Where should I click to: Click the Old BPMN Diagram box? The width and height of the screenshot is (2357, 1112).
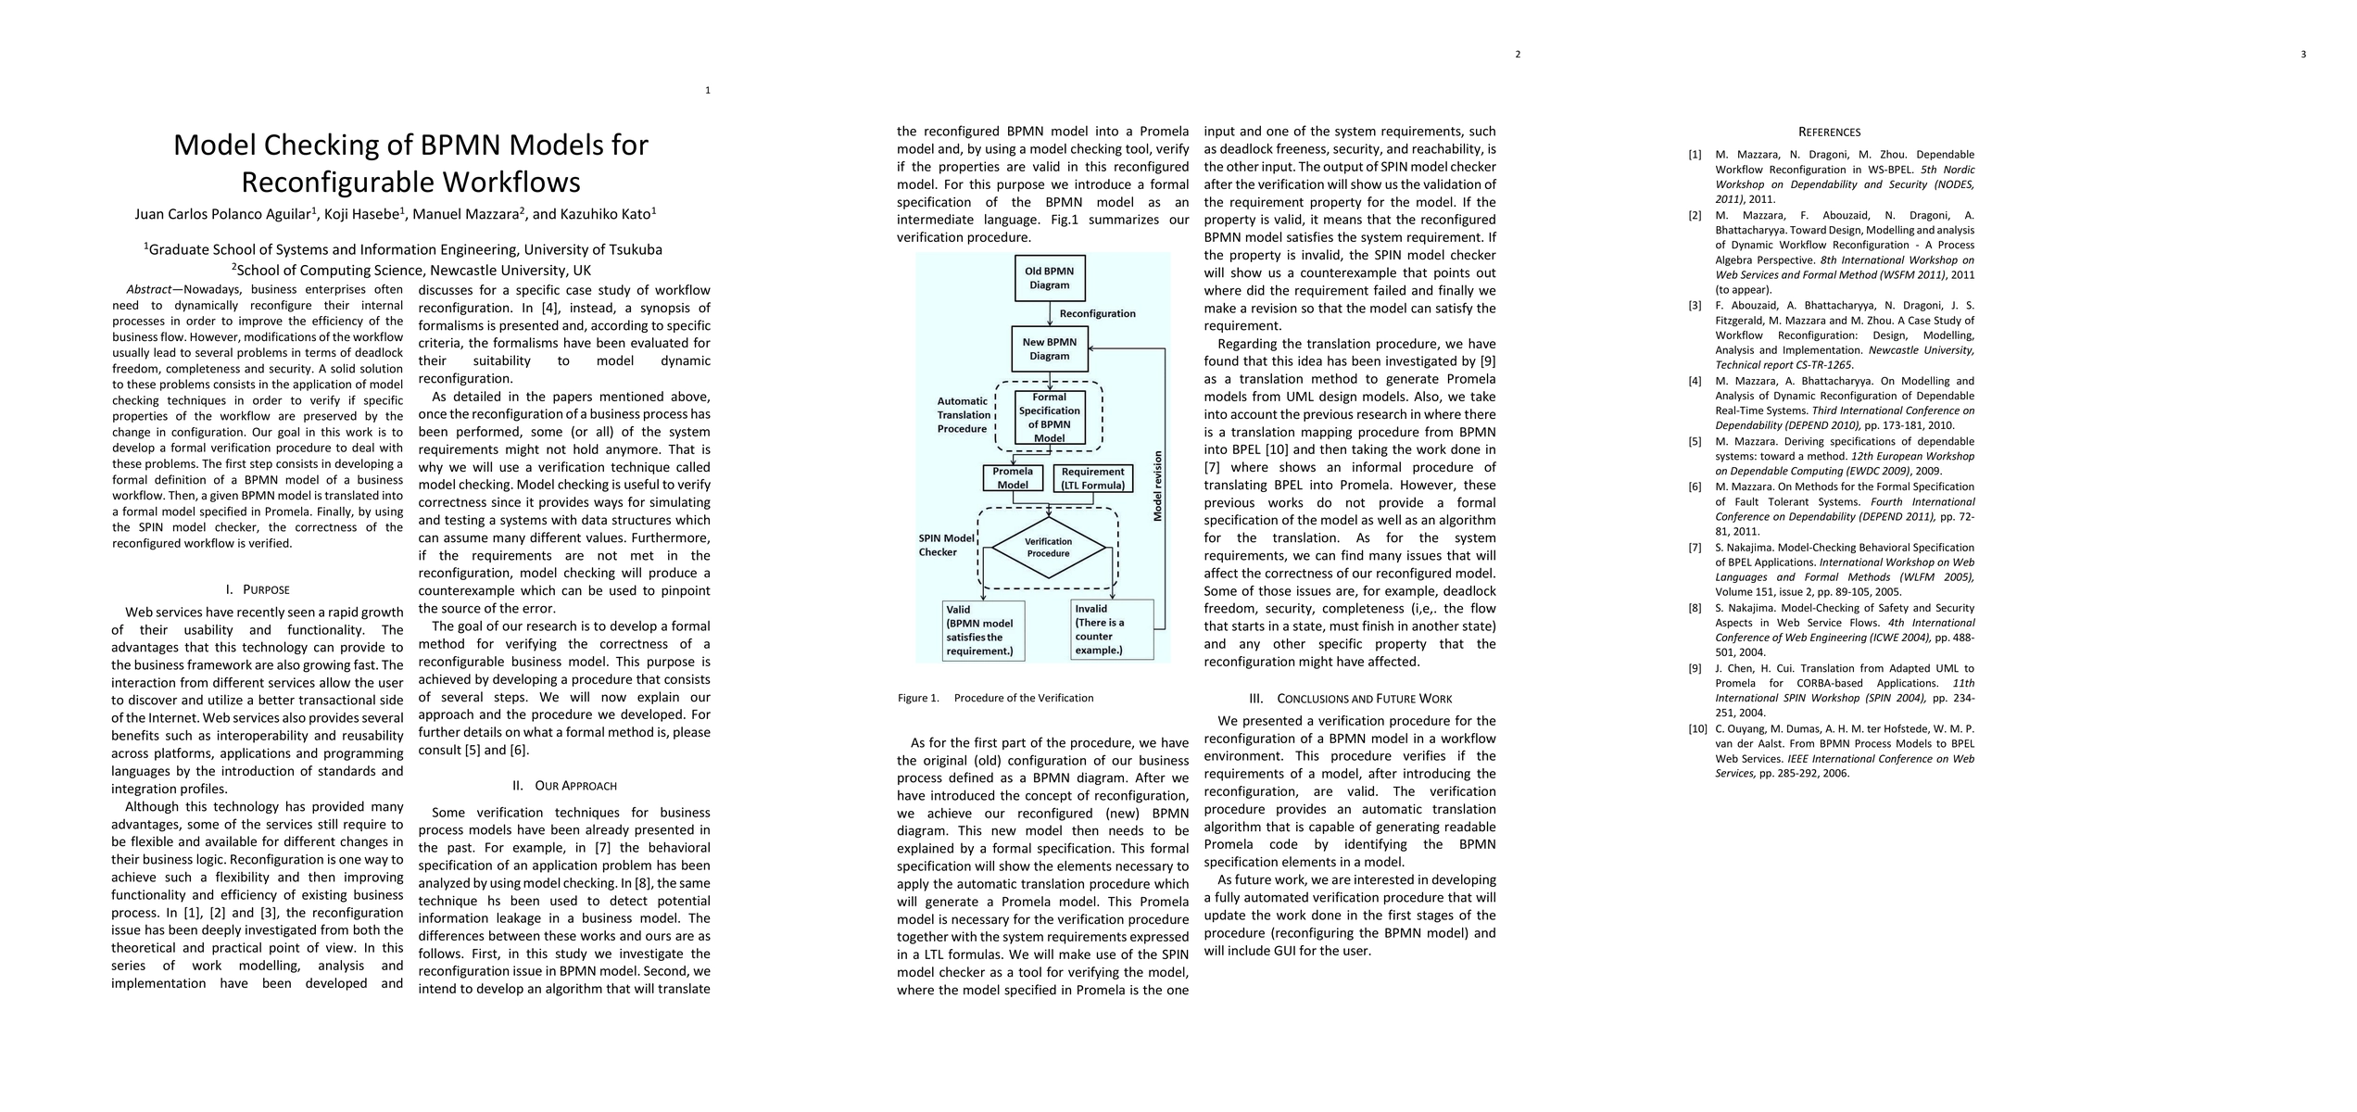1049,278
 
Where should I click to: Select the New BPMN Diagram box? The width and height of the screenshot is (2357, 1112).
1049,348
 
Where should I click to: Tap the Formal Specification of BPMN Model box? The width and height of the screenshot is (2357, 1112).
1049,417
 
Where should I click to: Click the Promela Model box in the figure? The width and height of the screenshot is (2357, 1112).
1013,478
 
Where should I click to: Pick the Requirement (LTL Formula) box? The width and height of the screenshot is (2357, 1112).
1093,478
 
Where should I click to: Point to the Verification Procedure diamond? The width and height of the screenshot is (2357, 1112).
1048,548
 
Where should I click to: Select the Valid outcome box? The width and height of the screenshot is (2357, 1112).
979,630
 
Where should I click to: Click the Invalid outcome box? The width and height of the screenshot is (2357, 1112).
1112,630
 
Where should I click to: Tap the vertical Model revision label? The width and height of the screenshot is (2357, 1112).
1157,486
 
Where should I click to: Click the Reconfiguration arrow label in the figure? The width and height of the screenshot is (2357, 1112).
1097,313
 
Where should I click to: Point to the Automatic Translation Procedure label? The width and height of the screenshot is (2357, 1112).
962,415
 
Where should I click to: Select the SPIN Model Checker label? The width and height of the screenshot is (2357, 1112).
946,545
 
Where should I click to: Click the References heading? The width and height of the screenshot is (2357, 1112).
1829,133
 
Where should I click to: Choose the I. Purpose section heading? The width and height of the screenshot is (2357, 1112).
258,590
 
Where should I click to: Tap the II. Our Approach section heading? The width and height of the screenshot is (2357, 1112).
564,786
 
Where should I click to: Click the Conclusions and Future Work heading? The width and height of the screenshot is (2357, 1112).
1350,699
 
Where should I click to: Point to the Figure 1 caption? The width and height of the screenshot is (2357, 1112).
995,698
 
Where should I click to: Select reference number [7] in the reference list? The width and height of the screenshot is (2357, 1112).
1695,548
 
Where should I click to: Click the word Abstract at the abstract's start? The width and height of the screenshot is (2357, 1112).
148,290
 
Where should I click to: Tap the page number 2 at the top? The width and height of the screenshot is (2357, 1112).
1518,54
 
